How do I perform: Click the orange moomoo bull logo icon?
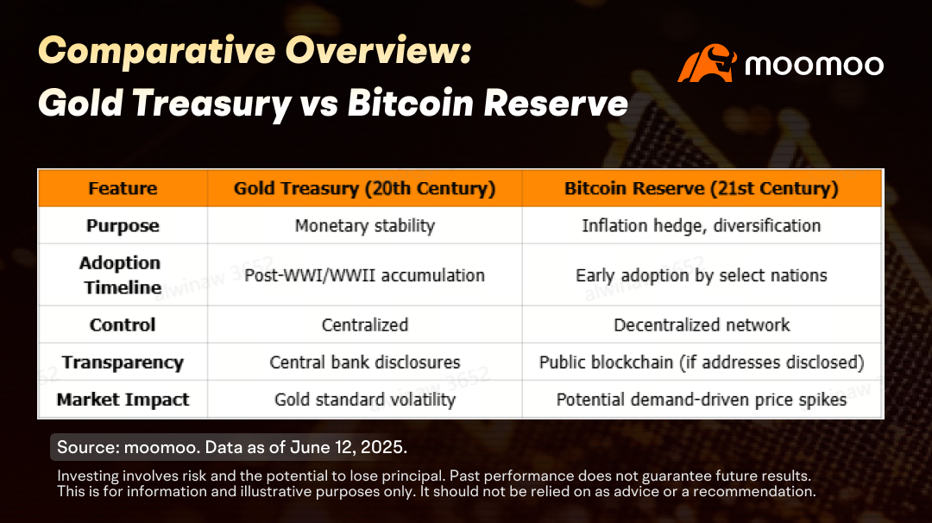pos(707,63)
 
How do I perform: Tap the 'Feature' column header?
pos(123,188)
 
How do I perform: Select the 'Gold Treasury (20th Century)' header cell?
pos(364,188)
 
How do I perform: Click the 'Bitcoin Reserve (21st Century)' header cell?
pos(702,188)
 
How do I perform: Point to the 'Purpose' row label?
pos(123,226)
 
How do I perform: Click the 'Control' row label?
pos(123,325)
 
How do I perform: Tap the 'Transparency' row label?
pos(123,362)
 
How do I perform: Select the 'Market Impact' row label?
pos(123,400)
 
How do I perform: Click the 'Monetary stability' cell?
pos(365,226)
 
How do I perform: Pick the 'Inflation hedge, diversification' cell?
pos(702,226)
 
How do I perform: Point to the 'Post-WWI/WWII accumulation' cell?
pos(364,275)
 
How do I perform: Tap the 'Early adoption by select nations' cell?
pos(702,275)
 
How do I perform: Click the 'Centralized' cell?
pos(365,325)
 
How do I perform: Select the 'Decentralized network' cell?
pos(702,325)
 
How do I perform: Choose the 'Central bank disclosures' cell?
pos(365,362)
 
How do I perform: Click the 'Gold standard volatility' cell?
pos(365,400)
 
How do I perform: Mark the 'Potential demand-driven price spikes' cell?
pos(702,400)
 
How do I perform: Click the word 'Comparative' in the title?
pos(157,51)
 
